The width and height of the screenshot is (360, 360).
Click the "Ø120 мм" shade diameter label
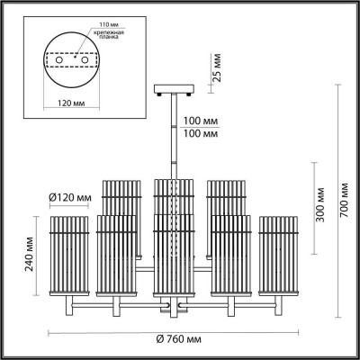(70, 197)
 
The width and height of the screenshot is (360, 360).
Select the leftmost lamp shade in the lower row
(67, 256)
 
